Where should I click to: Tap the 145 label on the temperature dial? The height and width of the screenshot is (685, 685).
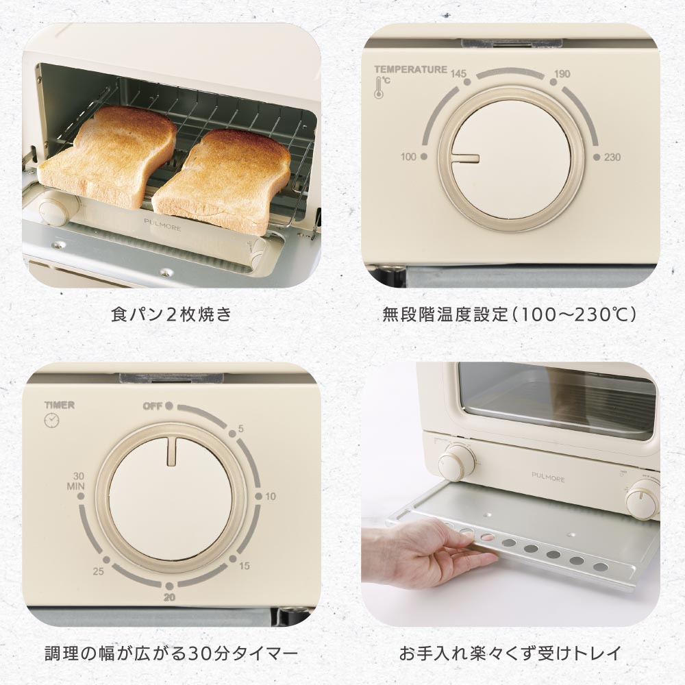click(458, 73)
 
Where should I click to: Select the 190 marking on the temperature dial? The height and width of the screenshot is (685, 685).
click(562, 73)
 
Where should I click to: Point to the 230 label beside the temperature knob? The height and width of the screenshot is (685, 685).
click(612, 158)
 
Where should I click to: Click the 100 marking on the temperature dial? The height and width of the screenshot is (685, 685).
click(408, 156)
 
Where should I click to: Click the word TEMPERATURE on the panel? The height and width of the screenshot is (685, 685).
click(410, 69)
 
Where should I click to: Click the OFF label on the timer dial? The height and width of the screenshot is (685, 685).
click(153, 406)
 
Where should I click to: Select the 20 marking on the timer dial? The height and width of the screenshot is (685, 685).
click(169, 597)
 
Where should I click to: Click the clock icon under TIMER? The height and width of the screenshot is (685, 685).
click(51, 421)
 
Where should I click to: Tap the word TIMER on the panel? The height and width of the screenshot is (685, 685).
click(60, 405)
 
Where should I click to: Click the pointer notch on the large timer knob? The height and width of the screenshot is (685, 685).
click(171, 451)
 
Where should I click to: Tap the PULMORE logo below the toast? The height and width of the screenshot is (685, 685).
click(162, 225)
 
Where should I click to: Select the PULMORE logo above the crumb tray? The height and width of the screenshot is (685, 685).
click(548, 477)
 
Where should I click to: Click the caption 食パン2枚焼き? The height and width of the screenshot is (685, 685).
click(171, 314)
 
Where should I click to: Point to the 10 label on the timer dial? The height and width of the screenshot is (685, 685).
click(271, 496)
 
